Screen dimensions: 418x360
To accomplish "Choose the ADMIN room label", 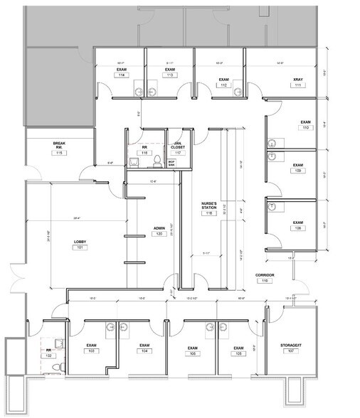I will tap(159, 228).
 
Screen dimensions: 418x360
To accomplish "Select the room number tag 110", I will tap(306, 129).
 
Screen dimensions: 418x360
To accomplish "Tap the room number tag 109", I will tap(299, 171).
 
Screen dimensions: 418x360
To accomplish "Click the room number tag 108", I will tap(298, 228).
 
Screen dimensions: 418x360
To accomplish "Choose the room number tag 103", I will tap(91, 351).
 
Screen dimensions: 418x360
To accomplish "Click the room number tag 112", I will tap(223, 85).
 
